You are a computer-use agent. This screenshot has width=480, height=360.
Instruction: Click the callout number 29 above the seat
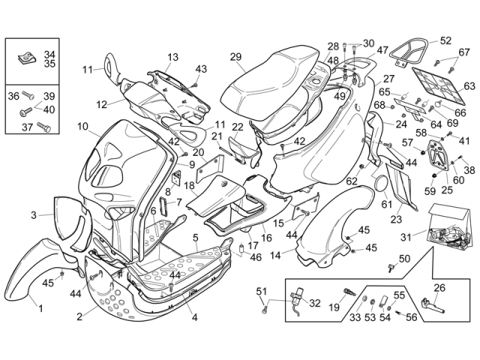[235, 57]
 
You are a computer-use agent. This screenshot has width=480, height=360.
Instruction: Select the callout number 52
[445, 40]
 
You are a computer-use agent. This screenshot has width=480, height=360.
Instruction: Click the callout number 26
[439, 287]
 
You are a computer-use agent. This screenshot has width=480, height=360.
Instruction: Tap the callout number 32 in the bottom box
[314, 304]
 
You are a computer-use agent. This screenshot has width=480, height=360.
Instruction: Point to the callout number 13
[173, 57]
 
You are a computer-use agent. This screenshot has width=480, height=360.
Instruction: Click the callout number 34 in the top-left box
[49, 55]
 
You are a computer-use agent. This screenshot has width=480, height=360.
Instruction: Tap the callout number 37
[27, 127]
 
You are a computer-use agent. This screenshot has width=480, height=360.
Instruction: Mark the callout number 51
[262, 291]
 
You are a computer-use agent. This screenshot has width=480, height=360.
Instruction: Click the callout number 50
[404, 259]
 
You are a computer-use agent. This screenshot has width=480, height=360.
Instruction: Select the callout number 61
[386, 203]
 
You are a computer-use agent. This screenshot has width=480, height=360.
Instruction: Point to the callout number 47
[382, 50]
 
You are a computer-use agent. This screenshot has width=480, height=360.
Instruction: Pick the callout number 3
[33, 216]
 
